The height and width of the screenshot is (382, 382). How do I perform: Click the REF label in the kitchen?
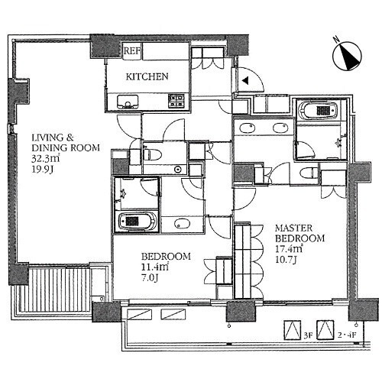[x=131, y=51]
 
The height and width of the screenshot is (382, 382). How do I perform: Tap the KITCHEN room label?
[x=147, y=76]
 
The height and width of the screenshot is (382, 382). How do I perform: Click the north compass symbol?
[x=347, y=56]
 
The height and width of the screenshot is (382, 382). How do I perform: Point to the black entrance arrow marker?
[x=245, y=81]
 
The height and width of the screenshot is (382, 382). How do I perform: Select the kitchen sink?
[x=128, y=102]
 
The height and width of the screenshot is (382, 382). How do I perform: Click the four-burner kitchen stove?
[x=176, y=101]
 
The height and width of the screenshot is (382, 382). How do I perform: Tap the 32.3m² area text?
[x=46, y=158]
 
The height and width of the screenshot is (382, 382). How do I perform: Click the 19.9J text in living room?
[x=42, y=169]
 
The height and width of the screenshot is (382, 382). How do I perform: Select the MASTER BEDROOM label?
[x=300, y=233]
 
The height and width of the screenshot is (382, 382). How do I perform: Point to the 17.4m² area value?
[x=289, y=248]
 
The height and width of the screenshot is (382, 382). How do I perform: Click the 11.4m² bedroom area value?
[x=155, y=267]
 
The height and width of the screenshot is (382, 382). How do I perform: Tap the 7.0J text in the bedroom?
[x=150, y=277]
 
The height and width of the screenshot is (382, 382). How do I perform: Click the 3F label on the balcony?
[x=308, y=335]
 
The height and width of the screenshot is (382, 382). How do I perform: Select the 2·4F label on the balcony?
[x=346, y=335]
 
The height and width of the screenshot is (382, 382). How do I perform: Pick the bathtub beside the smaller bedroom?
[x=138, y=221]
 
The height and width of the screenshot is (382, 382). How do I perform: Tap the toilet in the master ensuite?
[x=308, y=173]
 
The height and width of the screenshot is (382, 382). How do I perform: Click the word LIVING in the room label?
[x=48, y=138]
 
